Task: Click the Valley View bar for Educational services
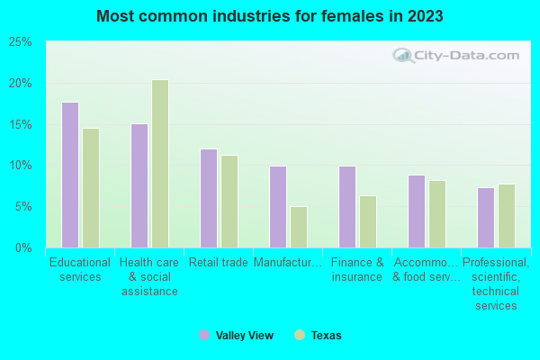click(x=70, y=175)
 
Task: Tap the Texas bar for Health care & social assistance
click(x=160, y=163)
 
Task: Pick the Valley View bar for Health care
click(x=139, y=185)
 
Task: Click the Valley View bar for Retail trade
click(x=209, y=198)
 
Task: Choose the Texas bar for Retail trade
click(x=229, y=201)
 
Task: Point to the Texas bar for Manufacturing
click(x=299, y=227)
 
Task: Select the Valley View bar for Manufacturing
click(x=278, y=206)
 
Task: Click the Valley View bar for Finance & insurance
click(x=347, y=206)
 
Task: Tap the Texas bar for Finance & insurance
click(x=368, y=221)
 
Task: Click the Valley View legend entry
click(x=236, y=335)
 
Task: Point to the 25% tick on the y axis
click(x=21, y=42)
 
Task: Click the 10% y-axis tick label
click(x=21, y=166)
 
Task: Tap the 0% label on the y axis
click(x=23, y=247)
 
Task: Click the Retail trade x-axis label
click(x=219, y=263)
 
